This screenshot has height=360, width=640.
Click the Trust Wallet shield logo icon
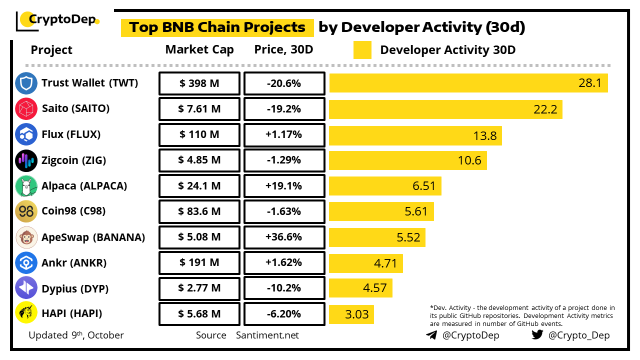(x=26, y=83)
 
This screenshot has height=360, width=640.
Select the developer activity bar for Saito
(x=445, y=109)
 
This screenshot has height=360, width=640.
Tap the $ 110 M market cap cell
(x=199, y=135)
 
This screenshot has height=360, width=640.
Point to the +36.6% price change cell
(x=284, y=237)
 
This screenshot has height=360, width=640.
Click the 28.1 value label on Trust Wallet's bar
(x=590, y=83)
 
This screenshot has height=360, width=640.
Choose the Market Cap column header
(x=199, y=49)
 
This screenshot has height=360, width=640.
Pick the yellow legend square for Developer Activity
(x=362, y=50)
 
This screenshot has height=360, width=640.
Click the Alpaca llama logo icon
(x=26, y=186)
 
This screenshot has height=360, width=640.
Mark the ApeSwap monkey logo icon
(x=26, y=237)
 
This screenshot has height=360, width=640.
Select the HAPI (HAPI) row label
(x=71, y=314)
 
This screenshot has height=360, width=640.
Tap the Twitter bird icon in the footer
(x=537, y=335)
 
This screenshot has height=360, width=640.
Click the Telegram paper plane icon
(x=431, y=335)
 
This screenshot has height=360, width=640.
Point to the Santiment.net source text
(x=267, y=335)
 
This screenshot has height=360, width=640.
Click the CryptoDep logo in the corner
(x=57, y=20)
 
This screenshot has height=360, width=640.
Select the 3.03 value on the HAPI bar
(x=357, y=314)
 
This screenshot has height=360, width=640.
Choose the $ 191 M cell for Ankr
(x=199, y=263)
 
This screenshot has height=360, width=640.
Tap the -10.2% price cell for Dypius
(x=284, y=288)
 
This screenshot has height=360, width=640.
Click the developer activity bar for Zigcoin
(x=407, y=160)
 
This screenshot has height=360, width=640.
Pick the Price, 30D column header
(x=284, y=49)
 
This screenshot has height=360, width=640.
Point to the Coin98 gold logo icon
(x=26, y=211)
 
